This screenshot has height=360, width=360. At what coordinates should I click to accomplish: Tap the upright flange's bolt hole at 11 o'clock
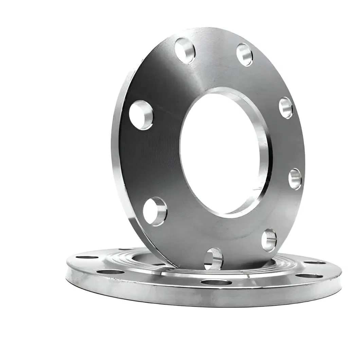pos(185,51)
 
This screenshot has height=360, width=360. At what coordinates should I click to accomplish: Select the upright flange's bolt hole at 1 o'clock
pos(245,54)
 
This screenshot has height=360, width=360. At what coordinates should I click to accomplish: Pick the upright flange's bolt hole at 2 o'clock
pos(286,108)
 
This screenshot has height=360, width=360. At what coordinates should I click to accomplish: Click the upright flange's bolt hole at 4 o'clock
pos(295,179)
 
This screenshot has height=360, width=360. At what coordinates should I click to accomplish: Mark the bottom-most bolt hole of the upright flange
pos(213,258)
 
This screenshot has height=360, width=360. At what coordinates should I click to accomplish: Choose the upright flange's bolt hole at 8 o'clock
pos(155,211)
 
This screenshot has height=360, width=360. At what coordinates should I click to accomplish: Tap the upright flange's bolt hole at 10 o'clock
pos(141,115)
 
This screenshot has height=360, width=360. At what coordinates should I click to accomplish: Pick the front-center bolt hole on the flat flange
pos(216,282)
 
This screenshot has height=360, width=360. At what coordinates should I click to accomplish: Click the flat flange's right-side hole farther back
pos(314,262)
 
